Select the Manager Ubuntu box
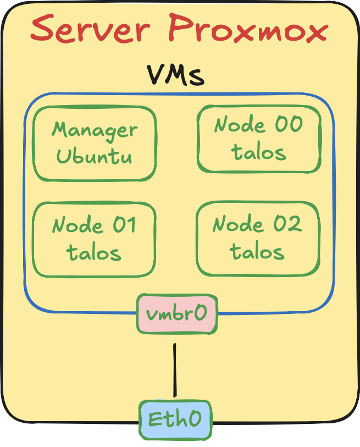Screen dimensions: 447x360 tap(95, 144)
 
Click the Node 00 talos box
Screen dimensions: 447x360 tap(259, 139)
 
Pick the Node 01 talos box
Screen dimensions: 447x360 tap(95, 239)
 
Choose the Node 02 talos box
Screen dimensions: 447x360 tap(258, 238)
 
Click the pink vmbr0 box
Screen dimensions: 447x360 tap(176, 313)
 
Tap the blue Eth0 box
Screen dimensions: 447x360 tap(175, 420)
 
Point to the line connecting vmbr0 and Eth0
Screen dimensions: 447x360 tap(175, 370)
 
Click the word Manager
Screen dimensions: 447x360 tap(95, 131)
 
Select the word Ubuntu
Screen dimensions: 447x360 tap(95, 156)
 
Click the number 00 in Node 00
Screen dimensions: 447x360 tap(288, 125)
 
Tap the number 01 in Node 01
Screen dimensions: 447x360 tap(124, 225)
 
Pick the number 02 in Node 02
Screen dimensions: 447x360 tap(287, 224)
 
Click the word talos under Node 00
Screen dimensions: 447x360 tap(259, 152)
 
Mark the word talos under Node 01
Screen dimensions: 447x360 tap(94, 253)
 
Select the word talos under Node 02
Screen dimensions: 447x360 tap(257, 252)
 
